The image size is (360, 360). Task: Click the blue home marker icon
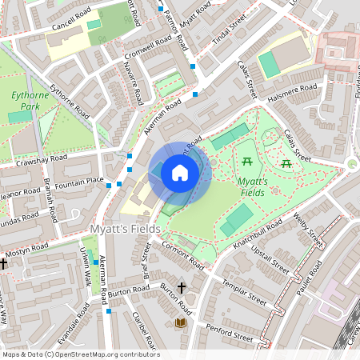point(180,172)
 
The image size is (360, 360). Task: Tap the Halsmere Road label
point(294,94)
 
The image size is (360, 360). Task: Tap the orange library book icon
point(181,322)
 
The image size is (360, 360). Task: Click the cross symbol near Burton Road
point(181,287)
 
